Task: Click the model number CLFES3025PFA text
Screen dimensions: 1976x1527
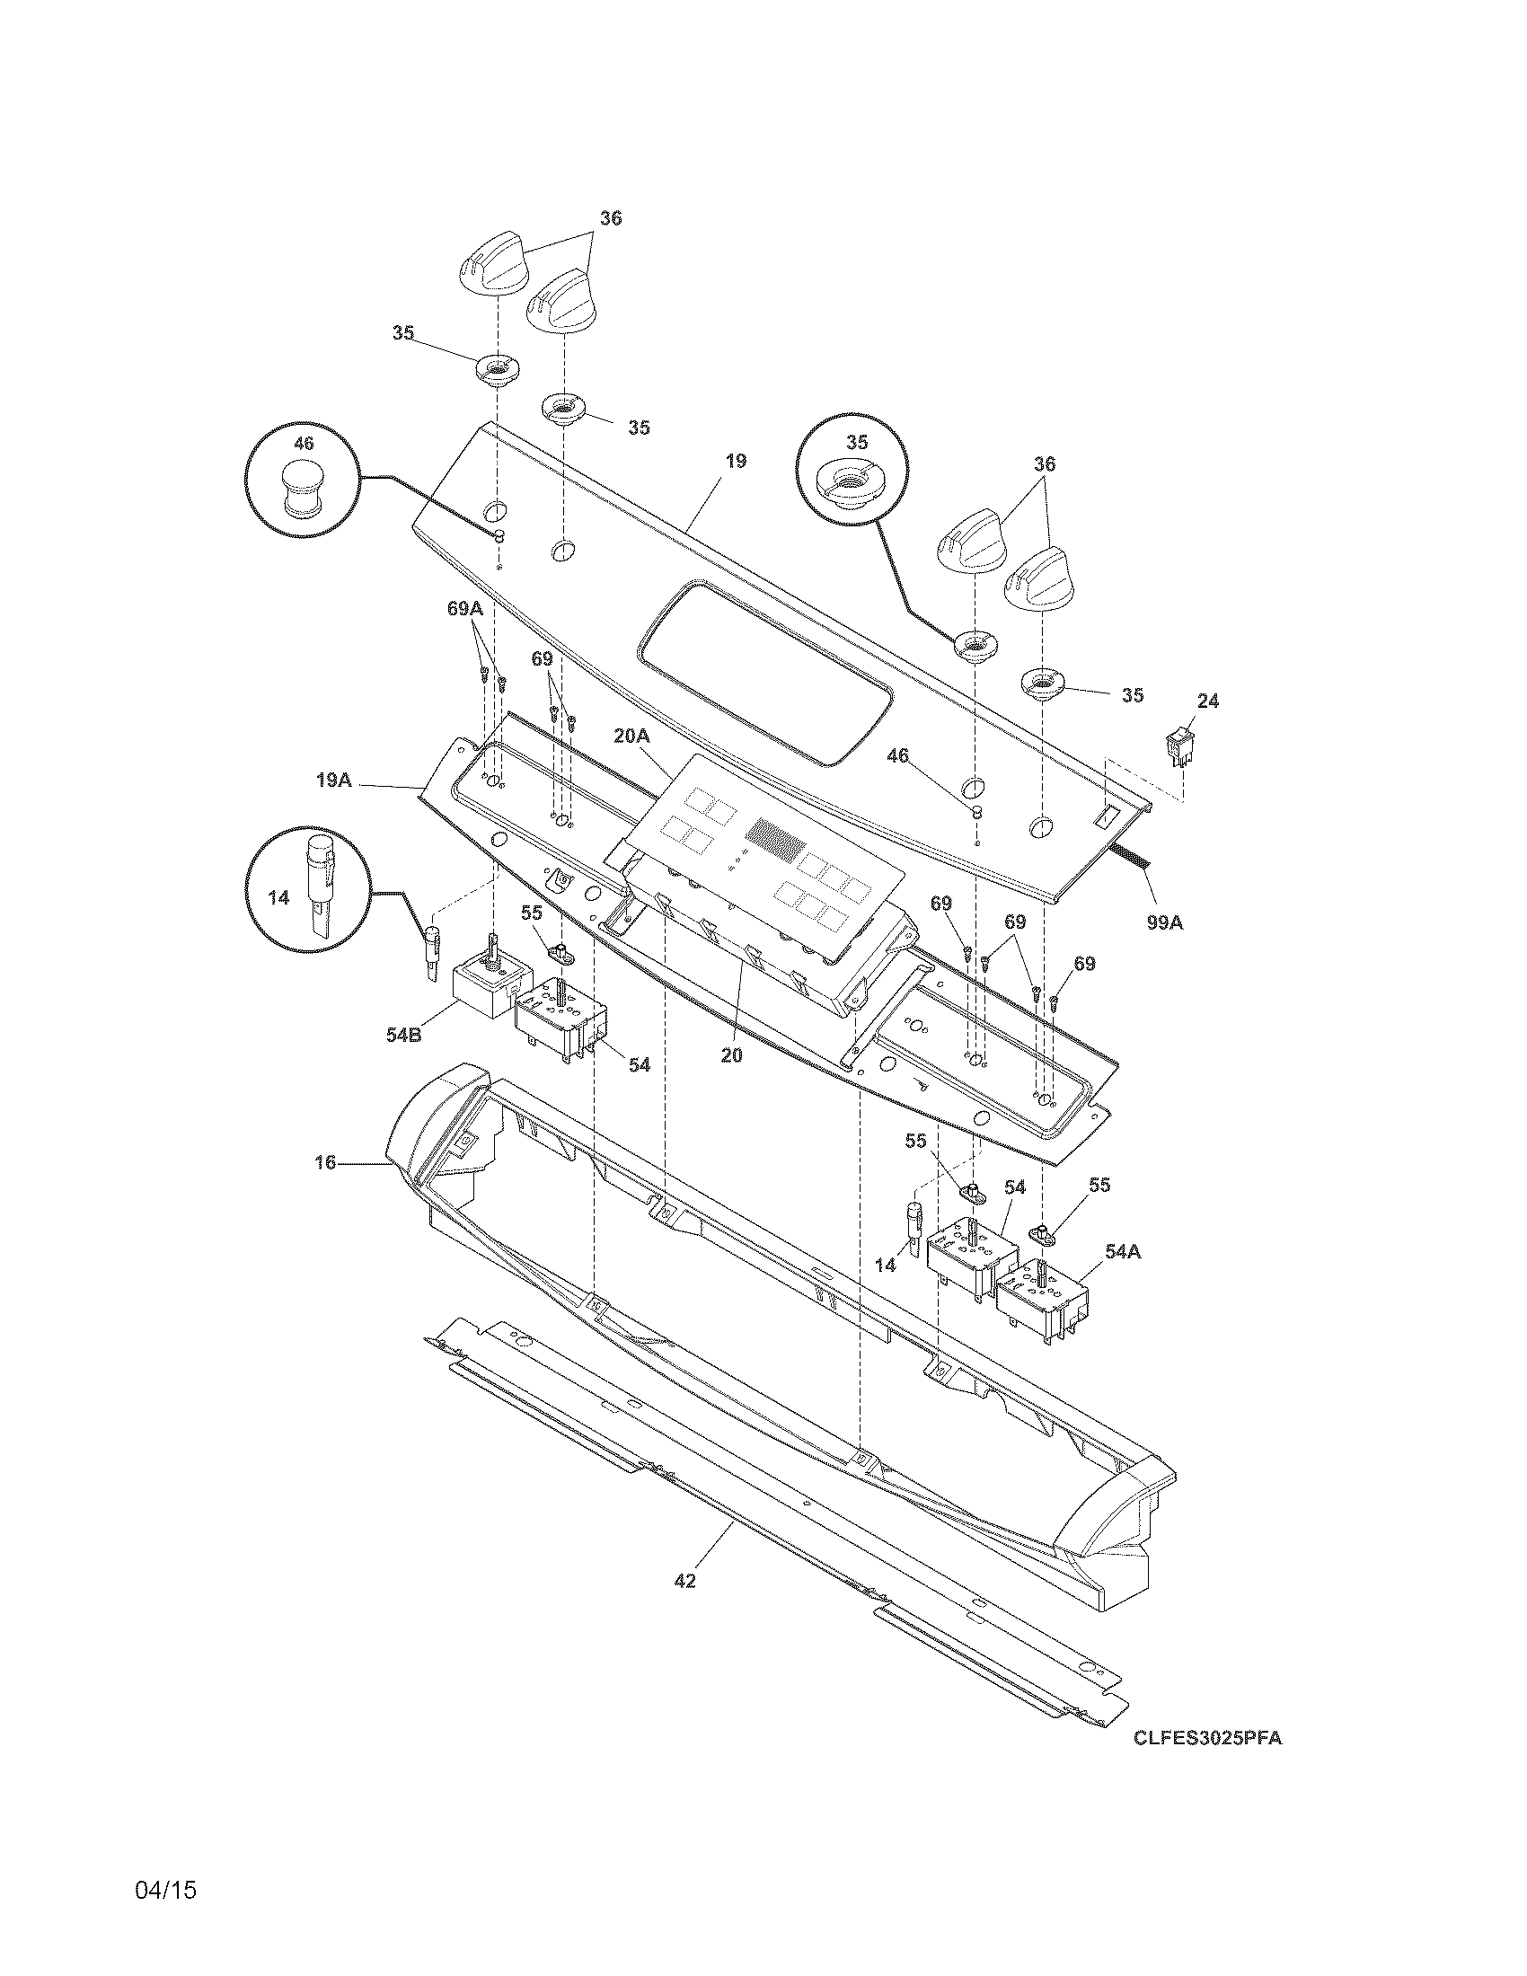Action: click(1207, 1738)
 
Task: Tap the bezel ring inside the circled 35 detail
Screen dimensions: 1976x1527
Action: click(847, 482)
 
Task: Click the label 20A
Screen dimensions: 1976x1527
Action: click(631, 737)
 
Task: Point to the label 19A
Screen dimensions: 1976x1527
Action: click(334, 779)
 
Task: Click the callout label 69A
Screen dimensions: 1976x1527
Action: click(465, 609)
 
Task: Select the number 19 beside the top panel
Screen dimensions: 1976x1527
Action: click(736, 461)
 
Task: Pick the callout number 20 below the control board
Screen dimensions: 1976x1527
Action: click(731, 1054)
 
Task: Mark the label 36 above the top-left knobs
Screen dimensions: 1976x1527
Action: click(611, 218)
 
